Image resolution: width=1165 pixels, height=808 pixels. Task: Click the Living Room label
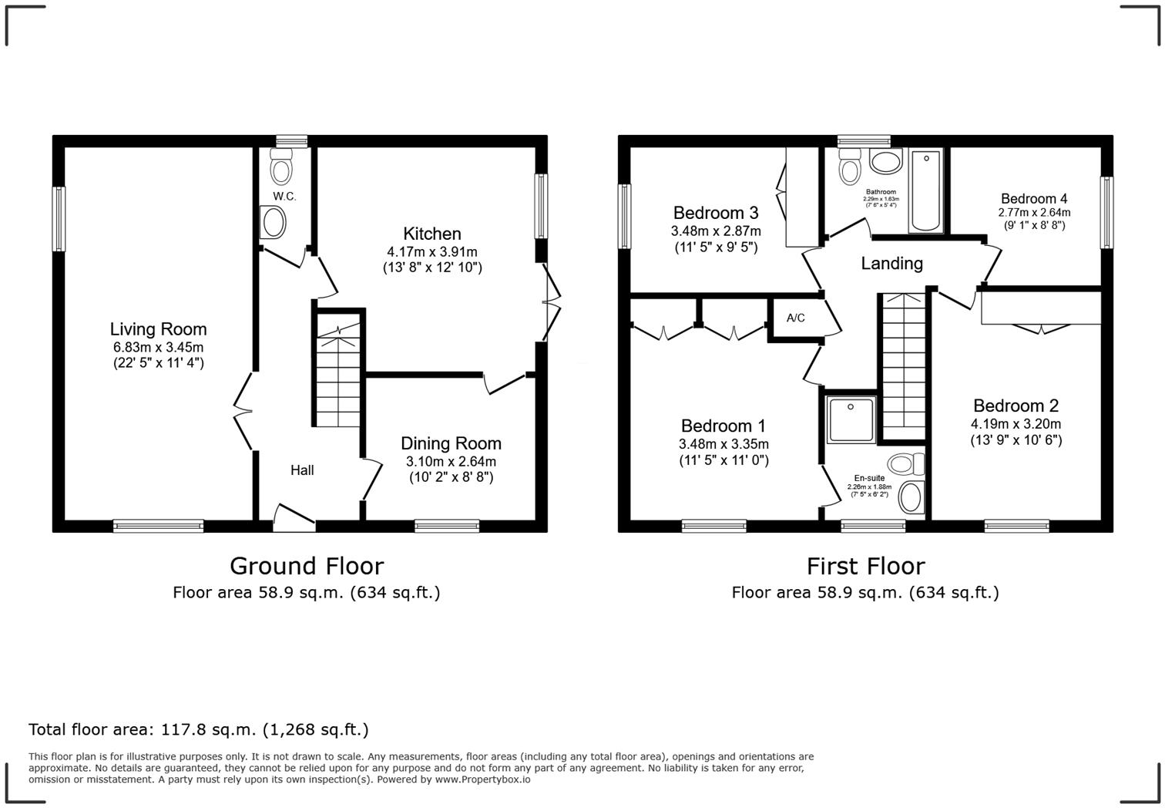[158, 329]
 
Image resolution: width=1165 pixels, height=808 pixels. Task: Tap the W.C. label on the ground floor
[284, 197]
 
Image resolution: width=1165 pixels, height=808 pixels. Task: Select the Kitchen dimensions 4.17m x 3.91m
[431, 251]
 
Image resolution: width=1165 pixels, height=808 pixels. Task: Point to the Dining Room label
[451, 443]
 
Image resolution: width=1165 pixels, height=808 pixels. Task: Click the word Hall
[302, 470]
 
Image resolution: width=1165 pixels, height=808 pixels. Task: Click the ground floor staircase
[338, 370]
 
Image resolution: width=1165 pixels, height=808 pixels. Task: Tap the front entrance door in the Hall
[294, 517]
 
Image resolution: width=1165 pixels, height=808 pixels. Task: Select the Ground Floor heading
[307, 566]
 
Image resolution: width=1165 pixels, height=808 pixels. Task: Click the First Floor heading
[865, 566]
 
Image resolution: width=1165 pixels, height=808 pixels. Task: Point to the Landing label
[891, 264]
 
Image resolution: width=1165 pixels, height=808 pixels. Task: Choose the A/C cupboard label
[796, 318]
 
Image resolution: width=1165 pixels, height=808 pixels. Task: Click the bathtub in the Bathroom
[925, 190]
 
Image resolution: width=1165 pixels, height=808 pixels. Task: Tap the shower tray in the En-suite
[851, 420]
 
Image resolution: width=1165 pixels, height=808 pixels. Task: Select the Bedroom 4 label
[1034, 198]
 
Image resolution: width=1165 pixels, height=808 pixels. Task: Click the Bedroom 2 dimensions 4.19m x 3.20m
[1016, 424]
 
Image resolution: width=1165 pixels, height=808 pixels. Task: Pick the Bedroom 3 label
[716, 213]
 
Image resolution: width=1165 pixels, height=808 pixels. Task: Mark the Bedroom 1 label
[724, 426]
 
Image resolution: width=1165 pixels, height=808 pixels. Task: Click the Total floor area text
[199, 729]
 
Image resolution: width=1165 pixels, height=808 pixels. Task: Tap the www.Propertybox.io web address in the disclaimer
[482, 779]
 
